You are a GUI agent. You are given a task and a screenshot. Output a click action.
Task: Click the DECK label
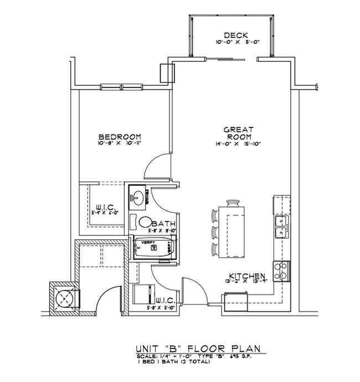pyautogui.click(x=232, y=35)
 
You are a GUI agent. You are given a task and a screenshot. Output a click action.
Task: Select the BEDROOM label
pyautogui.click(x=119, y=137)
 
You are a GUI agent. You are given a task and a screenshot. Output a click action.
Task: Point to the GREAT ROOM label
pyautogui.click(x=238, y=133)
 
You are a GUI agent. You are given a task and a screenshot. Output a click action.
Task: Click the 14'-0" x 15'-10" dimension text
pyautogui.click(x=238, y=143)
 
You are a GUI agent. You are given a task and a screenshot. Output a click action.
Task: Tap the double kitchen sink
pyautogui.click(x=281, y=228)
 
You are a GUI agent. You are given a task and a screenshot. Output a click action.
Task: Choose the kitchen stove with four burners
pyautogui.click(x=281, y=271)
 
